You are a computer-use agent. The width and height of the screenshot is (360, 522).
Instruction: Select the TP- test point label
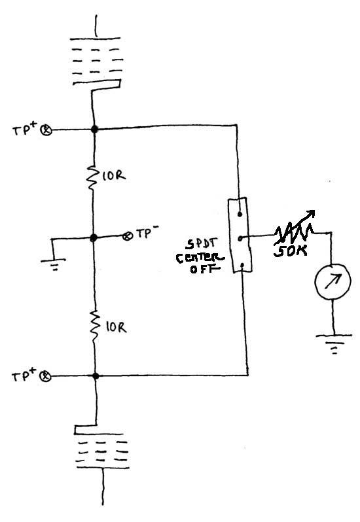[145, 235]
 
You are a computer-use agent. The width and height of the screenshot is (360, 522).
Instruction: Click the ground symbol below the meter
[334, 343]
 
